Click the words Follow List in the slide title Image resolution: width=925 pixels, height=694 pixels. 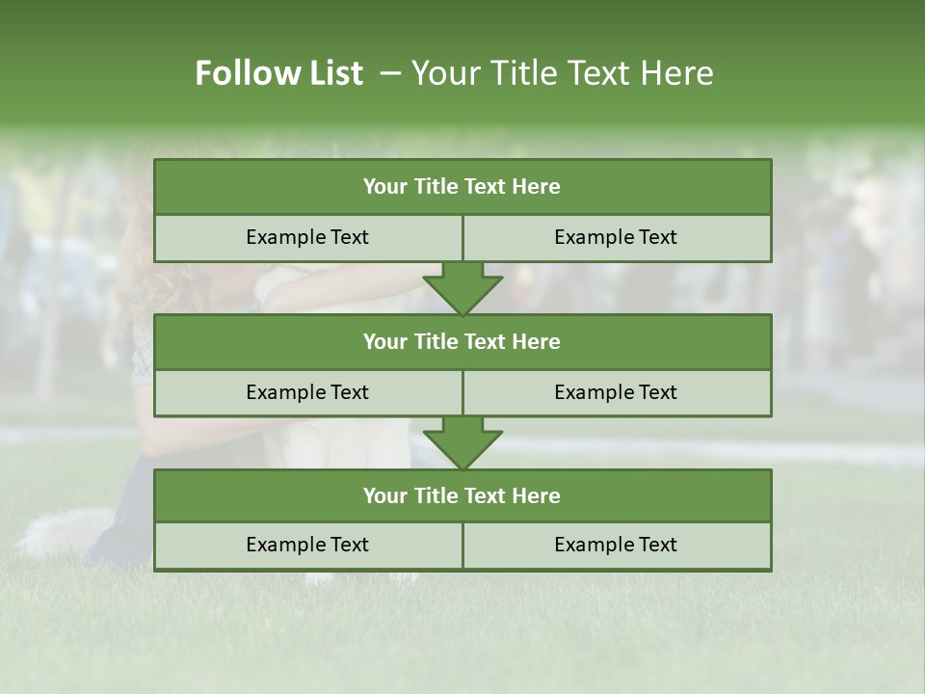click(278, 73)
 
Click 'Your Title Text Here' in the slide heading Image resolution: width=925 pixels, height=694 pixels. click(562, 73)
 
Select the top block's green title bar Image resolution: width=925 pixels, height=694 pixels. click(462, 187)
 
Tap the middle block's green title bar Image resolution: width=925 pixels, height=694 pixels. click(462, 341)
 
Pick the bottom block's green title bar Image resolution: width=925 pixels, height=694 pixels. click(462, 495)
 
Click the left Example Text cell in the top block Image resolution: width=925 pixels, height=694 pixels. click(307, 237)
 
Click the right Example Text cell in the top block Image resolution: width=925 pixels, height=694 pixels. click(616, 237)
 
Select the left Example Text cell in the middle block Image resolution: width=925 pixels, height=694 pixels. click(307, 392)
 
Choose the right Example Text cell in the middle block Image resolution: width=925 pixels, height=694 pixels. click(616, 392)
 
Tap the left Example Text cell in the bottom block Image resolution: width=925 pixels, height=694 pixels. click(307, 545)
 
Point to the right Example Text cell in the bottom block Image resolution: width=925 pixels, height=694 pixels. click(616, 545)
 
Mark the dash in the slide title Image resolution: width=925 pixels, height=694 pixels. click(390, 73)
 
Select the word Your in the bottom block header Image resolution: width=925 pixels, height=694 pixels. click(385, 495)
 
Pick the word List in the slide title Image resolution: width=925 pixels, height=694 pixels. click(332, 73)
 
